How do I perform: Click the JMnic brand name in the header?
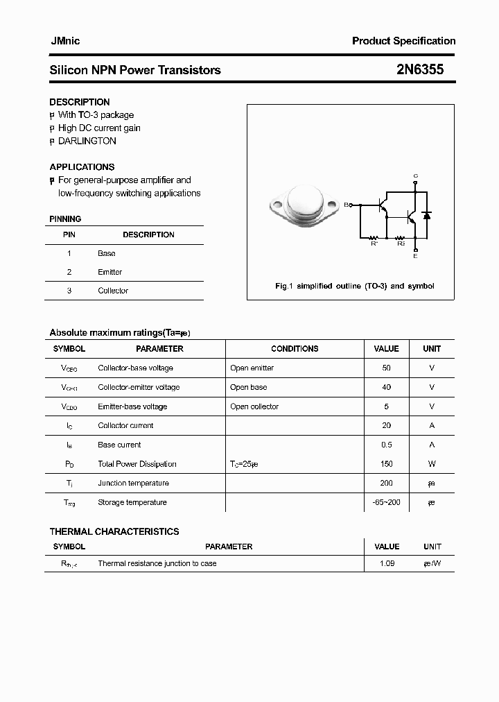64,41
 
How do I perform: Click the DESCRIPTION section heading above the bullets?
80,102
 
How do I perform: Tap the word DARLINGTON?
87,141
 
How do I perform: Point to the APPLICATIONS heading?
82,166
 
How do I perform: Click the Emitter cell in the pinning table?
110,272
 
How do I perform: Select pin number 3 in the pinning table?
69,291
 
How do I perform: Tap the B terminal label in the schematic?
347,205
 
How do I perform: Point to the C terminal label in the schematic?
415,175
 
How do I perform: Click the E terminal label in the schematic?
415,257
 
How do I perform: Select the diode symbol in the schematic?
427,216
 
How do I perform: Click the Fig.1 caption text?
354,286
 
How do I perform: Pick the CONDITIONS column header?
295,349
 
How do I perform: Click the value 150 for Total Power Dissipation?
386,464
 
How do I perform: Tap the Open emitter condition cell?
252,368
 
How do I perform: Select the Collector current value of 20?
386,425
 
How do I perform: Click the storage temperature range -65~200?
386,502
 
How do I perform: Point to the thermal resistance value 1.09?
387,563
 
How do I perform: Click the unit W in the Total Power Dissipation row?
432,464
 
